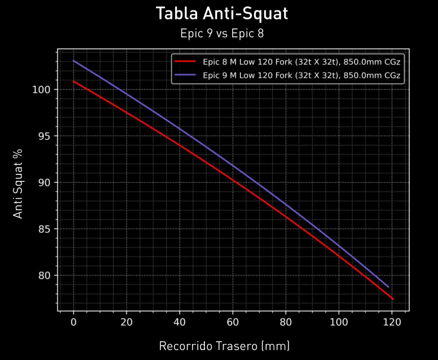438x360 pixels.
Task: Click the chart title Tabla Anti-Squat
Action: click(x=222, y=14)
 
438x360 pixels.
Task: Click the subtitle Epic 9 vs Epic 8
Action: click(x=222, y=34)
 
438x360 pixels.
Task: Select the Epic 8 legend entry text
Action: click(x=301, y=62)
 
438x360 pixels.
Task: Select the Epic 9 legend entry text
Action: click(x=301, y=75)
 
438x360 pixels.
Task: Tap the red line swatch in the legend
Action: click(x=185, y=62)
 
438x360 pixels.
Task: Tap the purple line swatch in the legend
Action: click(x=185, y=75)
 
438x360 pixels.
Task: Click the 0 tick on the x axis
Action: click(x=74, y=322)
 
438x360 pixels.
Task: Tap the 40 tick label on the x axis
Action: click(x=180, y=322)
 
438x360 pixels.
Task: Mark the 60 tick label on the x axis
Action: click(x=233, y=322)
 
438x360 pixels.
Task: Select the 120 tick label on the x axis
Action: click(x=392, y=322)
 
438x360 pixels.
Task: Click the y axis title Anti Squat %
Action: click(x=18, y=183)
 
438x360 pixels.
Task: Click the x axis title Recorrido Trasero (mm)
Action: click(x=224, y=346)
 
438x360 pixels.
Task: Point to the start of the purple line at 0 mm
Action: click(x=74, y=61)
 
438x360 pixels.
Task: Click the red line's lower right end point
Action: click(x=393, y=299)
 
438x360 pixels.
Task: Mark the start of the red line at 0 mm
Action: click(x=74, y=81)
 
